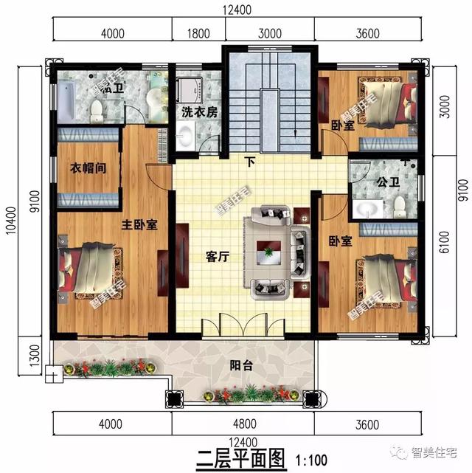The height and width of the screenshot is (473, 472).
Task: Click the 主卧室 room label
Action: pyautogui.click(x=140, y=225)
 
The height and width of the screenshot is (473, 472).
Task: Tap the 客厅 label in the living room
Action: pyautogui.click(x=219, y=258)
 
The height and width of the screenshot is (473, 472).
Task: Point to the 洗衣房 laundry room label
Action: pyautogui.click(x=200, y=112)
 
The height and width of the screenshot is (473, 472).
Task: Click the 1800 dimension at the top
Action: pyautogui.click(x=199, y=32)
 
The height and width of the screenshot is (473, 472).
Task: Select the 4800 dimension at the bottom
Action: pyautogui.click(x=243, y=424)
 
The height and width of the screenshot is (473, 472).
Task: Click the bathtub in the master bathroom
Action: pyautogui.click(x=65, y=104)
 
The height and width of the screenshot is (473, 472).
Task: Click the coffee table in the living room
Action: pyautogui.click(x=268, y=255)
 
